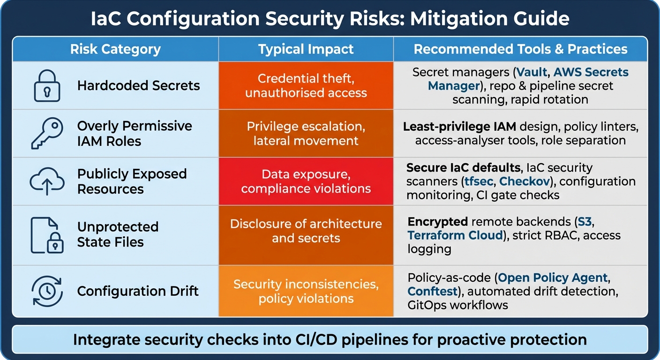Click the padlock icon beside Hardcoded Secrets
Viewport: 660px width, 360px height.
click(x=47, y=86)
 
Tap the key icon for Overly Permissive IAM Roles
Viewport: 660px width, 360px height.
click(x=47, y=134)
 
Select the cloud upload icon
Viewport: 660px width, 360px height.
click(x=47, y=181)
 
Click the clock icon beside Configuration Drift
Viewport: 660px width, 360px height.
click(x=47, y=291)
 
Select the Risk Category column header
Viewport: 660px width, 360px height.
click(x=115, y=49)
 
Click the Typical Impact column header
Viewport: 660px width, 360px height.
click(x=306, y=49)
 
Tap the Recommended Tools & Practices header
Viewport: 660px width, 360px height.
click(x=520, y=49)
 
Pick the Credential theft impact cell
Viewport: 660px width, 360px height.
click(x=306, y=86)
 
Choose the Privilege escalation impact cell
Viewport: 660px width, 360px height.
click(x=306, y=134)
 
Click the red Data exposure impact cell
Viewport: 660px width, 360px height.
click(x=306, y=181)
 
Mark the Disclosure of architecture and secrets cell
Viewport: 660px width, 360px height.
click(x=306, y=231)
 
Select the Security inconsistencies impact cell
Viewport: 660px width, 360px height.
click(x=306, y=291)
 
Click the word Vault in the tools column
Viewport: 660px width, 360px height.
click(x=532, y=73)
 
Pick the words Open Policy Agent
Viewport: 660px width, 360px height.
click(x=553, y=277)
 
